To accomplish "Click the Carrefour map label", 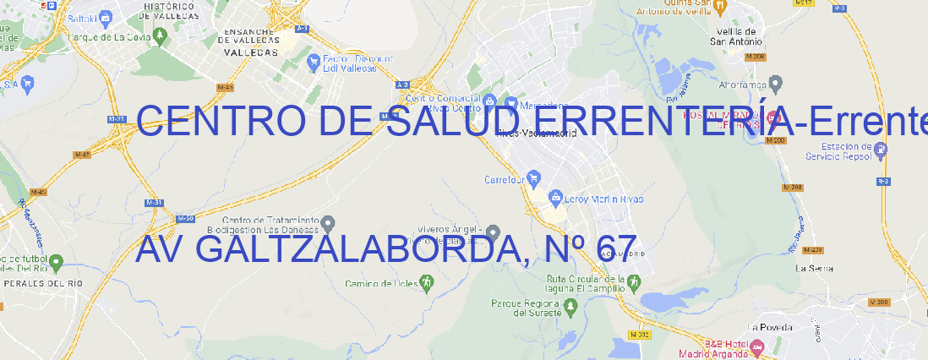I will coord(505,179).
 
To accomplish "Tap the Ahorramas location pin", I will coord(777,83).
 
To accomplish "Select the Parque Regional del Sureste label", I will coord(525,308).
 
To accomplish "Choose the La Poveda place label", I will coord(770,327).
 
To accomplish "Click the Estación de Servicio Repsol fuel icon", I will coord(881,149).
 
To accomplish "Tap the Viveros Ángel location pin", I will coord(494,232).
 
